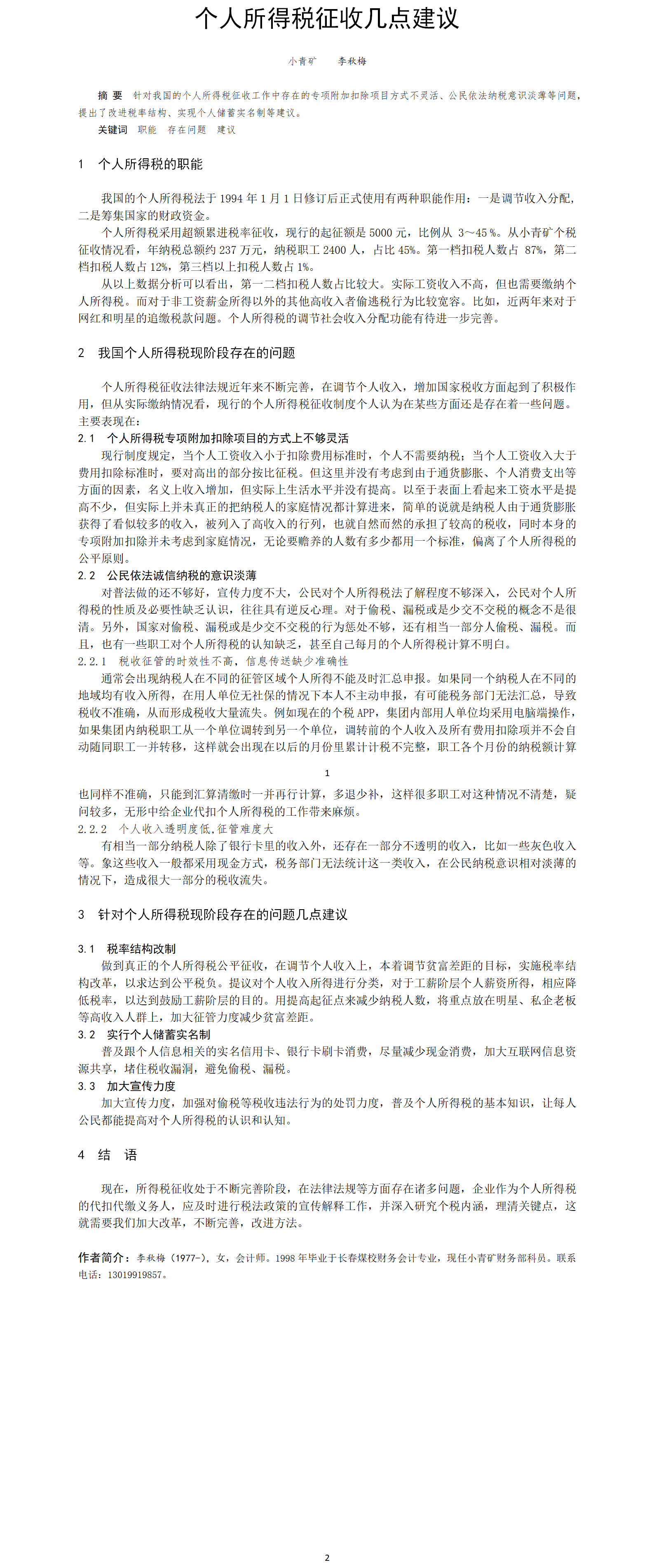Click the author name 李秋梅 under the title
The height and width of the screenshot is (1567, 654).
tap(352, 61)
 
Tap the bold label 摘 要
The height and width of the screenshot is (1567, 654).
tap(110, 96)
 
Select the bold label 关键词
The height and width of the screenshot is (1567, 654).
tap(113, 129)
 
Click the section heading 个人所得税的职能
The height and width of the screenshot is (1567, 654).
tap(150, 164)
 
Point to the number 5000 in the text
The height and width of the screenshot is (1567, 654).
tap(380, 232)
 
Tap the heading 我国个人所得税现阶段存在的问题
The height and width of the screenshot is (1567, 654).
tap(197, 353)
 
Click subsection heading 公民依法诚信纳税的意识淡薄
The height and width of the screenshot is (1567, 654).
tap(181, 575)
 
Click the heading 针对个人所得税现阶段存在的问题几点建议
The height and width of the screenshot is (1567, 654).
tap(223, 914)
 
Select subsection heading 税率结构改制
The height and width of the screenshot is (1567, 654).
tap(141, 948)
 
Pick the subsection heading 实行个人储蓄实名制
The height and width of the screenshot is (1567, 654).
tap(158, 1034)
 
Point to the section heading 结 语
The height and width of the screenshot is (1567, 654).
tap(118, 1154)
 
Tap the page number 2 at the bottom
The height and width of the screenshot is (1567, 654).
tap(327, 1557)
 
